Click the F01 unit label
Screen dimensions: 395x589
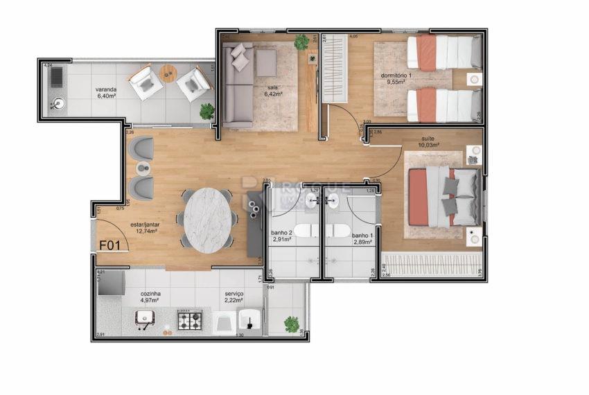(x=112, y=245)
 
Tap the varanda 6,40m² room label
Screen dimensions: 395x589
(x=106, y=93)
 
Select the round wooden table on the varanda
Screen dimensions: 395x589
(x=168, y=72)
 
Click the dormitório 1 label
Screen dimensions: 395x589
(x=396, y=78)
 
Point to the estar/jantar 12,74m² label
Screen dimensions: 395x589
(x=143, y=228)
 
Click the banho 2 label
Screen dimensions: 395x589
(x=281, y=236)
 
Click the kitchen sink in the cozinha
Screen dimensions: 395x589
(x=144, y=318)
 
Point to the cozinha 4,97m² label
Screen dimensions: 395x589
(x=150, y=297)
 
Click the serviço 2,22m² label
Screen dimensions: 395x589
(x=234, y=297)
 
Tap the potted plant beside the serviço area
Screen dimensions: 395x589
(x=292, y=324)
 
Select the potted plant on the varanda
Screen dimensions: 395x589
(x=206, y=110)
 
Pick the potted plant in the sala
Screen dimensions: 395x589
(x=301, y=42)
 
